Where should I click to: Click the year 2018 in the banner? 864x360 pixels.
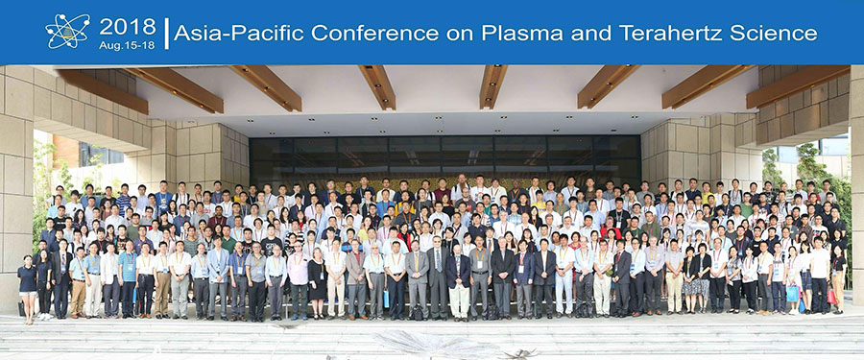coord(128,26)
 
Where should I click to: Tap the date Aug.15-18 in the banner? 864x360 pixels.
coord(128,45)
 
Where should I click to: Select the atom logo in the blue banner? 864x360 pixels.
coord(67,31)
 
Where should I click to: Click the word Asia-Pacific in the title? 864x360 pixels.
coord(239,33)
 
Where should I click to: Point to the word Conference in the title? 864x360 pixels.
coord(374,33)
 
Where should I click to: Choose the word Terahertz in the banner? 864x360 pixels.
coord(670,33)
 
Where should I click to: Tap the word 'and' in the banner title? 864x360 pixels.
coord(590,33)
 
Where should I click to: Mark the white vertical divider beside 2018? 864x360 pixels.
coord(166,33)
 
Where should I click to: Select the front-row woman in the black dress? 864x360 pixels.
coord(318,281)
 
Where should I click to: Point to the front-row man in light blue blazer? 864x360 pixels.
coord(218,278)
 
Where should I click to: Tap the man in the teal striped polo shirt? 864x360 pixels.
coord(128,278)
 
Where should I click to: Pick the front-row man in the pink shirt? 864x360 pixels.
coord(299,281)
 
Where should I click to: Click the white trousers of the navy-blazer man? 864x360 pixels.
coord(459,300)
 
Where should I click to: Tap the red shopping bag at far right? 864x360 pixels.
coord(831,296)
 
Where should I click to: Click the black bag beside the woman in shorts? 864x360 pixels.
coord(21,309)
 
